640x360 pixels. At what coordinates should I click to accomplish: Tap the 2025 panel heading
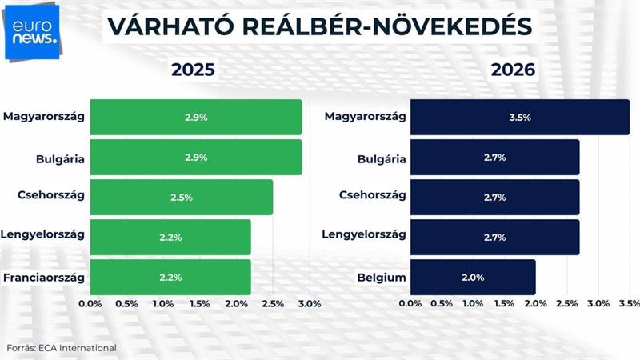tap(193, 70)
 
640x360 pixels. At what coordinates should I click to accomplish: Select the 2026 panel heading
tap(513, 70)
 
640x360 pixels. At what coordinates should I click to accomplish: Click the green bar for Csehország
tap(181, 197)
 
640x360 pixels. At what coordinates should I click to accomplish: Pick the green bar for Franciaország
tap(170, 277)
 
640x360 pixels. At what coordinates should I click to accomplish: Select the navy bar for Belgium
tap(472, 277)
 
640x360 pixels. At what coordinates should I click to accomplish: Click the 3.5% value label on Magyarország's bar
tap(519, 117)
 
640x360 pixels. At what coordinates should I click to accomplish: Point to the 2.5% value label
tap(182, 197)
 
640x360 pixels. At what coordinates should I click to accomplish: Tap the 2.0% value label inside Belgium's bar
tap(473, 277)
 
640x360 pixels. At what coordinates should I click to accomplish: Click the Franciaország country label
tap(44, 277)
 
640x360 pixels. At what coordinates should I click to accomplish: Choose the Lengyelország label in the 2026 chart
tap(364, 234)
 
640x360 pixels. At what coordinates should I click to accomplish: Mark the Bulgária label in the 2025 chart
tap(60, 158)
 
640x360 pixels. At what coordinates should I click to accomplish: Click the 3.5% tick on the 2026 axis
tap(630, 304)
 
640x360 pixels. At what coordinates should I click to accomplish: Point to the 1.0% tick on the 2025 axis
tap(163, 304)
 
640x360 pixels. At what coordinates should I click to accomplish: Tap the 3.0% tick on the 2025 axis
tap(309, 304)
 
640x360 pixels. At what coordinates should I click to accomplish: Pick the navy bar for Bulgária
tap(494, 157)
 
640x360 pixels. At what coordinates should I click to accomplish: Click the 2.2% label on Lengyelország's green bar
tap(170, 237)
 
